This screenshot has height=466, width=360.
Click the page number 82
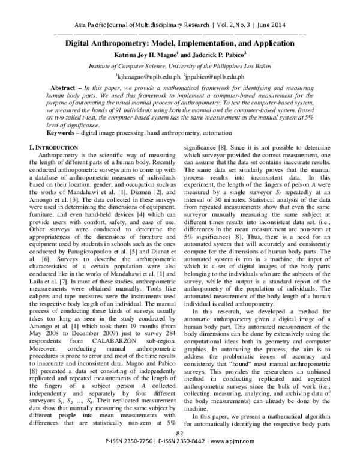click(x=179, y=450)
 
